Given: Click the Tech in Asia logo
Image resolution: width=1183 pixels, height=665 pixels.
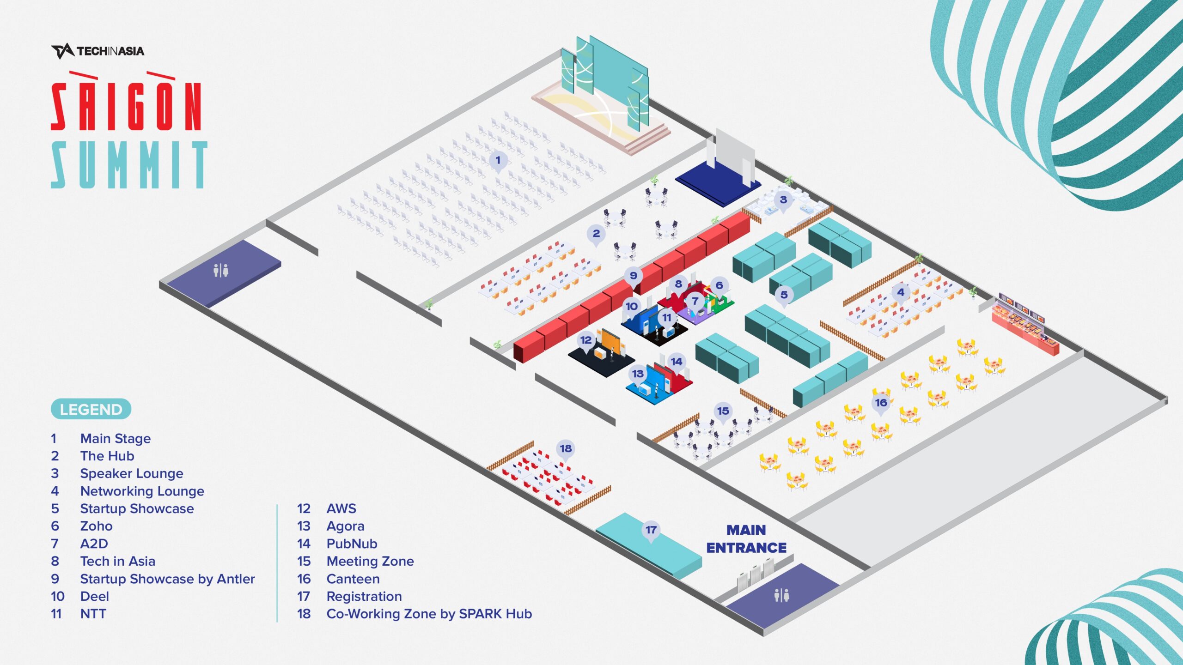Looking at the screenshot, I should tap(98, 51).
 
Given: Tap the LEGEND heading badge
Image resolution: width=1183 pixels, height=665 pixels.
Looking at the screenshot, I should tap(91, 409).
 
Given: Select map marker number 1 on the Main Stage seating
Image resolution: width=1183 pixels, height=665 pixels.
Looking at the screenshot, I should tap(498, 160).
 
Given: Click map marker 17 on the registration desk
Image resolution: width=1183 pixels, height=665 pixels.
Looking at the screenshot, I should tap(651, 530).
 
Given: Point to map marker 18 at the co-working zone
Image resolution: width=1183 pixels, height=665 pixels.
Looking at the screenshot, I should tap(566, 448).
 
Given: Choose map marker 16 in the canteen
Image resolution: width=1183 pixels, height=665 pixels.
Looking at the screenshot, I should tap(881, 403).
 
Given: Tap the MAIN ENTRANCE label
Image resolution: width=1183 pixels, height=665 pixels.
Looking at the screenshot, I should tap(746, 538).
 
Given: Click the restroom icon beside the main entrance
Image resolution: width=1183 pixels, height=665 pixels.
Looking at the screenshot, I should tap(781, 595).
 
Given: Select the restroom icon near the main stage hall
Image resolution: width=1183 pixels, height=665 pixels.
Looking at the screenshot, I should tap(221, 270).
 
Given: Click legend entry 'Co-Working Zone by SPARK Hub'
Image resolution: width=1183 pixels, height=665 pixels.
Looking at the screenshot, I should tap(429, 614).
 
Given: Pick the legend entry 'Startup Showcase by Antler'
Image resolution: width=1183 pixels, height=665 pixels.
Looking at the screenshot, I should tap(167, 579).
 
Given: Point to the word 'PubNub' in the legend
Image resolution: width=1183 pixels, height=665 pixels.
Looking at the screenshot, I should tap(352, 544).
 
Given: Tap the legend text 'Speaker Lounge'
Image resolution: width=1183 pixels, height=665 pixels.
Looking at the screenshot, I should tap(132, 473).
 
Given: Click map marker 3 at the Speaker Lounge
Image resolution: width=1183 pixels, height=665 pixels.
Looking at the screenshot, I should tap(783, 200).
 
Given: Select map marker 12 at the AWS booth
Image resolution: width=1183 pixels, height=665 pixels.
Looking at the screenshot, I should tap(586, 340).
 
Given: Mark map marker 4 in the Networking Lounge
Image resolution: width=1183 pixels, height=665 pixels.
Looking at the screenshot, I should tap(900, 292).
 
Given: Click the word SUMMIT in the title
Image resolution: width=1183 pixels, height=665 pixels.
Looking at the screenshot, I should tap(129, 165).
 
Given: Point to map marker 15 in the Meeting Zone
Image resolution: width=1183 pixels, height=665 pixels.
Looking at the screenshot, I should tap(723, 411).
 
